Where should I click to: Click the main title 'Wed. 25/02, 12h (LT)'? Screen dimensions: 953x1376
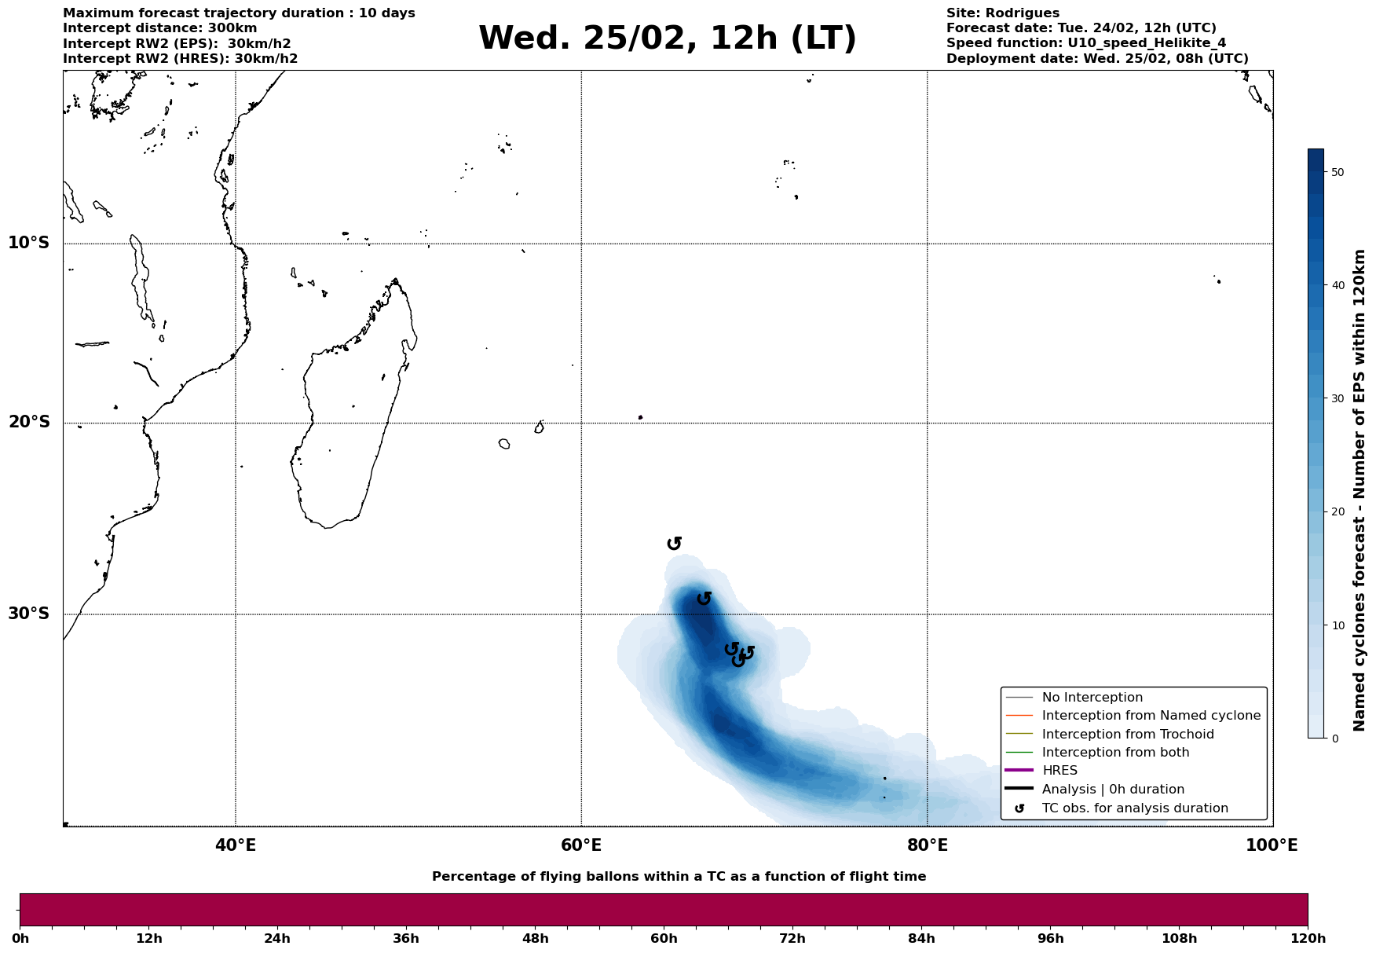[667, 38]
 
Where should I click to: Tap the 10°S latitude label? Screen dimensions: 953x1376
[29, 243]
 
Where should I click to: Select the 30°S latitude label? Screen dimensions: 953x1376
[29, 614]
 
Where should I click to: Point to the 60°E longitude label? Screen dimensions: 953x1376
[581, 845]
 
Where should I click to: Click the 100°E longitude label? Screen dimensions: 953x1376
[1272, 845]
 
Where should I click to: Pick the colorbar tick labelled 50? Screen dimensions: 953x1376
[1338, 172]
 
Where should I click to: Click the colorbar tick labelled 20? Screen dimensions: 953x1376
[1338, 512]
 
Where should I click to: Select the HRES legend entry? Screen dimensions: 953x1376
[1059, 771]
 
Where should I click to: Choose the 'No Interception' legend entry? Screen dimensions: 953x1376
[1092, 698]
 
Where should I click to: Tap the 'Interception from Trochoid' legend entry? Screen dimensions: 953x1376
[1128, 735]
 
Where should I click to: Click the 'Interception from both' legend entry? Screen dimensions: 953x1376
[1115, 753]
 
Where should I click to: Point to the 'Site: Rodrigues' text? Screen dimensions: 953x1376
[1002, 13]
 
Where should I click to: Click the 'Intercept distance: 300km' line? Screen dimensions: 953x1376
[159, 28]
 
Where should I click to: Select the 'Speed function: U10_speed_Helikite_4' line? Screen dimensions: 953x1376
[1085, 43]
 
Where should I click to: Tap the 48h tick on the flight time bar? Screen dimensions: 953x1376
[535, 938]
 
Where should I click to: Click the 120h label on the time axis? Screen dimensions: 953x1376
[1308, 938]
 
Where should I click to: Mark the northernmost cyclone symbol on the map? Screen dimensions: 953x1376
[674, 544]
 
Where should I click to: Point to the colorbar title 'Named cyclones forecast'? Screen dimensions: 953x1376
[1360, 491]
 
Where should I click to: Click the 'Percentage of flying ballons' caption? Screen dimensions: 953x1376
[679, 877]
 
